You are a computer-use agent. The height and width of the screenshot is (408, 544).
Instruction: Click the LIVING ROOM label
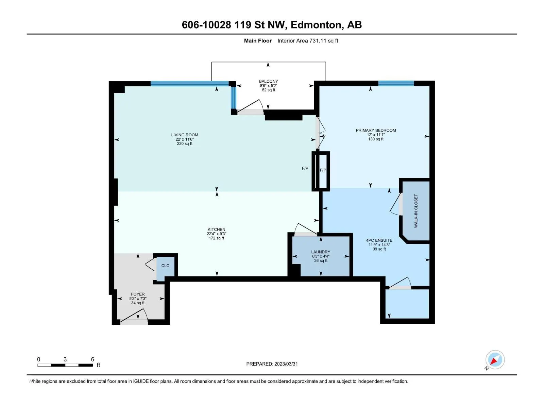point(184,135)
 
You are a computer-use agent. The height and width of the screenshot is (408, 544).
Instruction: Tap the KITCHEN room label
point(216,230)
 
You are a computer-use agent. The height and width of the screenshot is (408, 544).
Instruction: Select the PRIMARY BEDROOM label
point(376,130)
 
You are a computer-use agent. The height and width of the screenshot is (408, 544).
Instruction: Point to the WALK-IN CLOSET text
point(416,211)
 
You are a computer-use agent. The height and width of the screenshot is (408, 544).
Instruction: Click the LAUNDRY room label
point(321,252)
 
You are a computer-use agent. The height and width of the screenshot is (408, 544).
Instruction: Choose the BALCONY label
point(268,81)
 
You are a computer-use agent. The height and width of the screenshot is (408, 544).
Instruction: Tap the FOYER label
point(138,294)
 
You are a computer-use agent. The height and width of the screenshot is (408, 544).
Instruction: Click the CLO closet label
point(165,266)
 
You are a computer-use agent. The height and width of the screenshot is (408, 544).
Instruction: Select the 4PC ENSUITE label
point(379,240)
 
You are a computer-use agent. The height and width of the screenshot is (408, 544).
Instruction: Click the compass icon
point(495,360)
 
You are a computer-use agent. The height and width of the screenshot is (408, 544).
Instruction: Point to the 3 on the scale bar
point(65,359)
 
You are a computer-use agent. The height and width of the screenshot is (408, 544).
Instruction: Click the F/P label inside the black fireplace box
point(323,170)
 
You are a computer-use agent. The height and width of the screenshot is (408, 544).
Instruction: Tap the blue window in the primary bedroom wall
point(396,83)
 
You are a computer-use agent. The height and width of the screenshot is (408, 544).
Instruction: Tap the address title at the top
point(272,25)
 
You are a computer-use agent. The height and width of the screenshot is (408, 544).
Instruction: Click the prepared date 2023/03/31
point(286,364)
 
